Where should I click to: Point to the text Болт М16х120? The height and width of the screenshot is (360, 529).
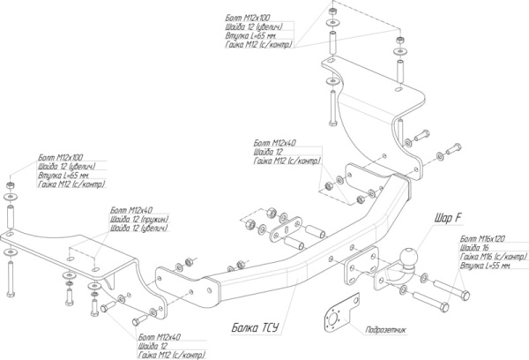(x=481, y=238)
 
